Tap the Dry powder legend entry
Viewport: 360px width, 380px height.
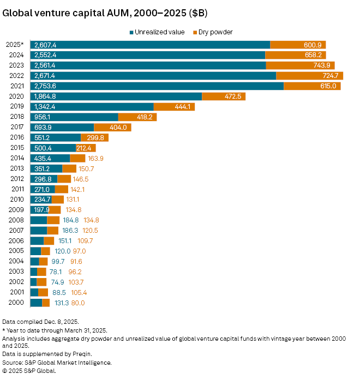point(216,32)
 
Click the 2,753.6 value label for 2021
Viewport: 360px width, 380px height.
point(45,86)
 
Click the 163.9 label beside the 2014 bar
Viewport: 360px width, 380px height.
point(95,158)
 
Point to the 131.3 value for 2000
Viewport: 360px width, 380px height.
point(61,303)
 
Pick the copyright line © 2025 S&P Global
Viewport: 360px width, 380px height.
point(29,371)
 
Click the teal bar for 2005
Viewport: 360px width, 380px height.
point(35,251)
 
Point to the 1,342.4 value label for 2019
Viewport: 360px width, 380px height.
point(45,107)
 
